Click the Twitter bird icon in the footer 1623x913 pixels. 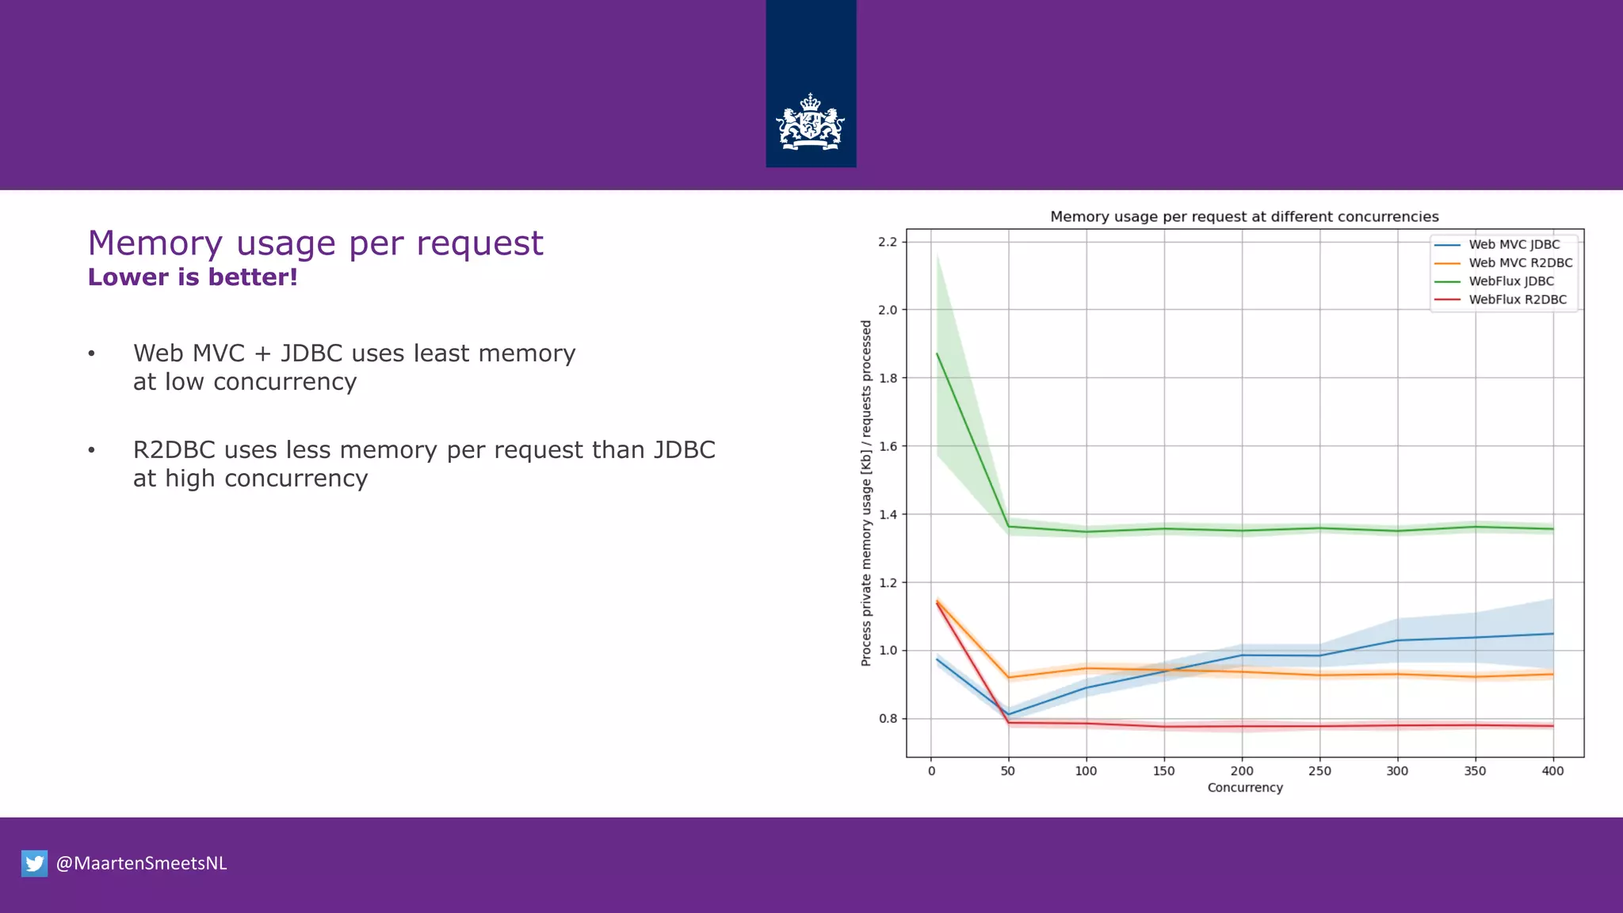click(34, 863)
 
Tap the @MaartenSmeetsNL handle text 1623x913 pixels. click(141, 863)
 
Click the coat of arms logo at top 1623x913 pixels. click(810, 123)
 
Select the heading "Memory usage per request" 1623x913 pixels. click(315, 243)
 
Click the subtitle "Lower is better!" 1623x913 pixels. click(193, 277)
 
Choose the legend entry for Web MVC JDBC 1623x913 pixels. click(1513, 245)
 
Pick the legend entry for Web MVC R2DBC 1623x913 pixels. click(1519, 263)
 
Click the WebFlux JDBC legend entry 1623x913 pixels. click(1510, 281)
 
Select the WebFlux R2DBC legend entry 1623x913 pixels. click(1517, 300)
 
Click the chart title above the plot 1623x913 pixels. click(1244, 217)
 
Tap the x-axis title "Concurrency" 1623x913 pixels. click(1244, 788)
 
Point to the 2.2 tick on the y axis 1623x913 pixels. click(888, 242)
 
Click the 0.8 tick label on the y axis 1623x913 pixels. click(888, 719)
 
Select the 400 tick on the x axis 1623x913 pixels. click(1552, 771)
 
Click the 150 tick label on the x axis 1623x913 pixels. click(1163, 771)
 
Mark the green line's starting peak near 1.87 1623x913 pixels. click(938, 353)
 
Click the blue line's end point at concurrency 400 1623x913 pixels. click(1552, 634)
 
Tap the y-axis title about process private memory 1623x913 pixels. click(866, 493)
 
